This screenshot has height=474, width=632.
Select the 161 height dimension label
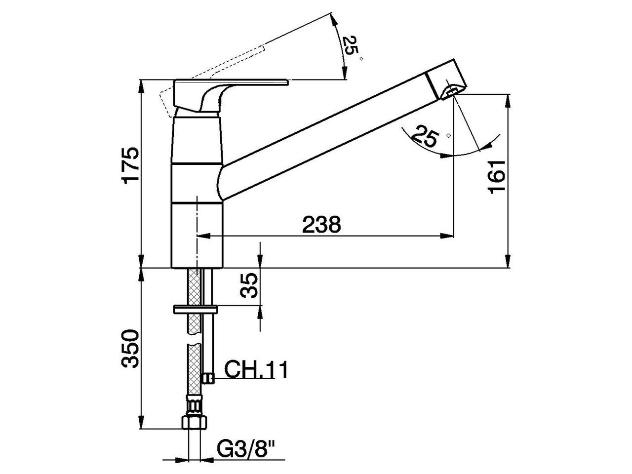498,176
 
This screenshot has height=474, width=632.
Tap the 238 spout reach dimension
321,225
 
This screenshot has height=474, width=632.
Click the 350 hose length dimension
131,349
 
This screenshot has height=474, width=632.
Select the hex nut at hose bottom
195,422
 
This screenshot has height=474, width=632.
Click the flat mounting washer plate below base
195,310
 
